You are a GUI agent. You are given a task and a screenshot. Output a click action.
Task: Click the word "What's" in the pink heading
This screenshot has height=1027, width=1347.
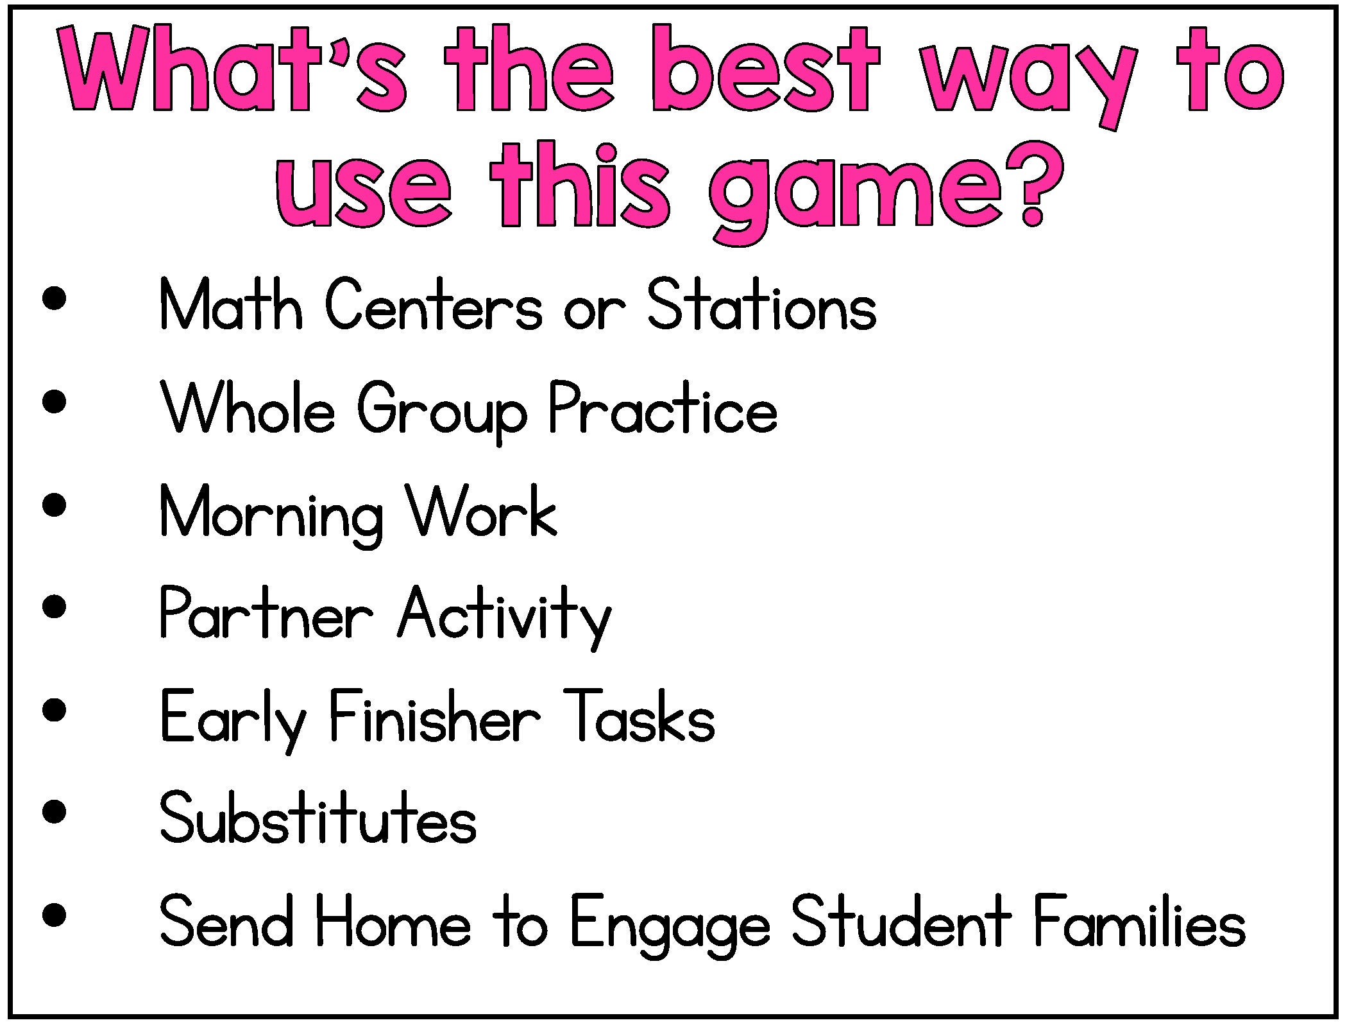[234, 69]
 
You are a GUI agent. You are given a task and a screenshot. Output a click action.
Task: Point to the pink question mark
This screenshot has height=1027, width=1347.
[1031, 186]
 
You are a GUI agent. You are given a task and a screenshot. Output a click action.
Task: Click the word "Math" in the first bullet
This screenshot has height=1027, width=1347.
[231, 306]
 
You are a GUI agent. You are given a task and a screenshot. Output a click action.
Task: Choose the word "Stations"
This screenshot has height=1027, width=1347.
[761, 306]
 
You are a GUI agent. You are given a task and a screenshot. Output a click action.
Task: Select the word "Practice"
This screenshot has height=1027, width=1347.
[663, 409]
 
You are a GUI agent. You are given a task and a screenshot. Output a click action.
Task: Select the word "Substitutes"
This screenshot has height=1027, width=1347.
[318, 818]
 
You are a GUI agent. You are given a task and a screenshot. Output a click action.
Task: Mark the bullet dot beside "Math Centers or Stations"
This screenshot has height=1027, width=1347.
[55, 299]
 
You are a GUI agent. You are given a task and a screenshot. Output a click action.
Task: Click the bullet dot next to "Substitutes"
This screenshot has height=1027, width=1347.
[55, 811]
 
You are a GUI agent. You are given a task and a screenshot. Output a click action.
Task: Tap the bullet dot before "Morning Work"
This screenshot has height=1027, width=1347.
[55, 505]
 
